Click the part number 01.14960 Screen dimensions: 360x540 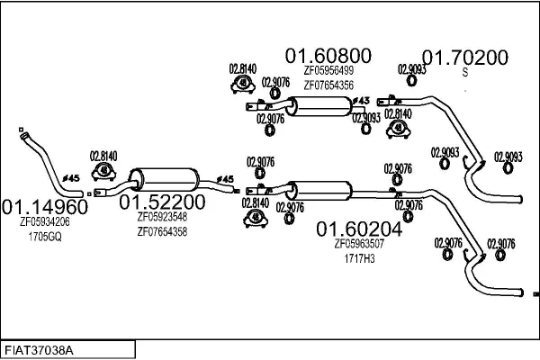click(44, 205)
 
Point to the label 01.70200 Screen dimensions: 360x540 click(465, 57)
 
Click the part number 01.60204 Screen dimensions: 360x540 click(359, 228)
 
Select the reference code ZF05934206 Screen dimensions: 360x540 click(44, 221)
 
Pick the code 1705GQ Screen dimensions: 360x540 click(44, 236)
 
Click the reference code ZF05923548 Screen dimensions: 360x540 click(162, 217)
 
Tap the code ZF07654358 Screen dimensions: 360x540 click(162, 231)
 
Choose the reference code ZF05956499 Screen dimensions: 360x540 click(328, 71)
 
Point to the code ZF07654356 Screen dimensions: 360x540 click(328, 85)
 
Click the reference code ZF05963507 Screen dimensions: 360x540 click(359, 243)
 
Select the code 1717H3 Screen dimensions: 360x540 click(359, 257)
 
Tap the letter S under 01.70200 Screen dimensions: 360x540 click(465, 72)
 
